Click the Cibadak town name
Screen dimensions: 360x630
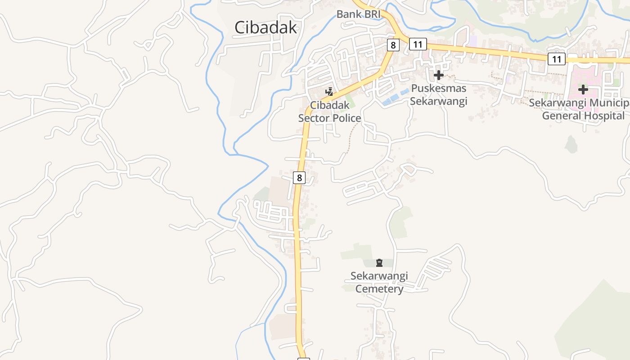click(x=265, y=27)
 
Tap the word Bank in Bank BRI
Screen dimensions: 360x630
click(x=349, y=14)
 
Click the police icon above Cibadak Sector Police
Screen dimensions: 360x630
click(x=329, y=92)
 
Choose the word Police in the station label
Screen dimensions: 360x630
click(x=347, y=118)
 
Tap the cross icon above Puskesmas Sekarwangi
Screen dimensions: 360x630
click(x=439, y=75)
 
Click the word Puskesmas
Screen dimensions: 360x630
click(x=438, y=89)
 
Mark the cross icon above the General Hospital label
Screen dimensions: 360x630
click(x=583, y=90)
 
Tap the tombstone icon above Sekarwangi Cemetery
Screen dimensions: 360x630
click(x=379, y=263)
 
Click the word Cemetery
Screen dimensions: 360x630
click(x=379, y=288)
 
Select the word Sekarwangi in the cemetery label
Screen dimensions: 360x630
click(x=379, y=275)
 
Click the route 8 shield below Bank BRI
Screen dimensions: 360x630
click(x=393, y=45)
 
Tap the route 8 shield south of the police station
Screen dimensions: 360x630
click(x=299, y=177)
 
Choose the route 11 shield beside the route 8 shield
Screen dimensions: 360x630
click(x=418, y=44)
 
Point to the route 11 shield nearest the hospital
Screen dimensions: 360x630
click(x=557, y=58)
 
